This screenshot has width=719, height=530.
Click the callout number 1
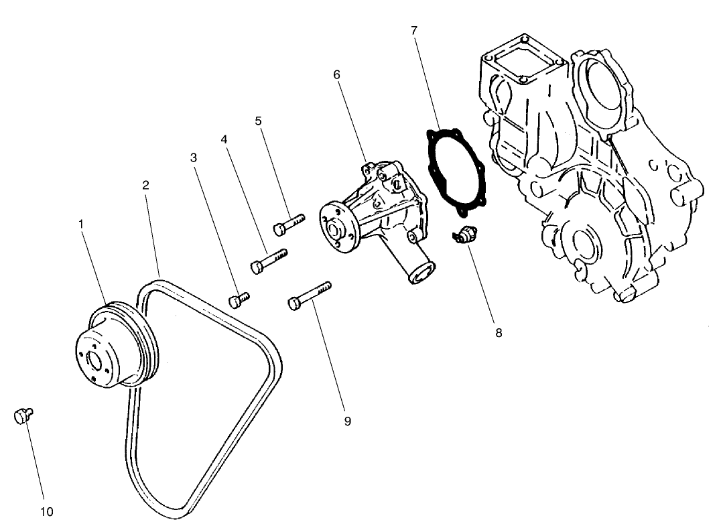coord(81,223)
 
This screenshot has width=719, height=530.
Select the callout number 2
coord(146,184)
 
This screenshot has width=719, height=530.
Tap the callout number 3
coord(194,158)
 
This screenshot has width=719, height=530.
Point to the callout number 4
coord(224,139)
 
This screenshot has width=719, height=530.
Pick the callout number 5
coord(258,121)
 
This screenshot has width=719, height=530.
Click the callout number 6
coord(337,74)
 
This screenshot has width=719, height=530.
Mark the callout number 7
coord(414,30)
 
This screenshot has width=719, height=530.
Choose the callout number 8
coord(499,332)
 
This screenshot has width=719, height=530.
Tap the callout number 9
coord(347,421)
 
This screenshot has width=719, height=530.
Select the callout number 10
coord(46,512)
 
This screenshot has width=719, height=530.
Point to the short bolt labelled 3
coord(239,300)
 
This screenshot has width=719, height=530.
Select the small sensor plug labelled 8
coord(463,237)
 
